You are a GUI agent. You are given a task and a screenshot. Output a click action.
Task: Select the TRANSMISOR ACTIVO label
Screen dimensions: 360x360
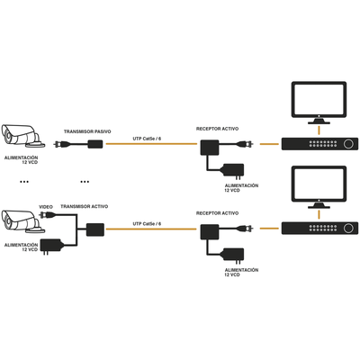[x=85, y=207]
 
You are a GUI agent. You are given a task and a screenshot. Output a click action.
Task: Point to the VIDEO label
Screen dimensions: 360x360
[x=45, y=207]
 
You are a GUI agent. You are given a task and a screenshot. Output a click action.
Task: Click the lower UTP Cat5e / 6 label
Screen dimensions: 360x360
[x=147, y=222]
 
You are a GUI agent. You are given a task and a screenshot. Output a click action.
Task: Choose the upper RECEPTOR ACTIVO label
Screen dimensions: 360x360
[x=218, y=129]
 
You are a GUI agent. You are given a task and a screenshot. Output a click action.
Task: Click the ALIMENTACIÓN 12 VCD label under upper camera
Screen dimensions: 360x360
[x=22, y=158]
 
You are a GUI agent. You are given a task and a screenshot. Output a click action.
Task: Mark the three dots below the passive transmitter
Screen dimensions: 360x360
[x=85, y=181]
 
